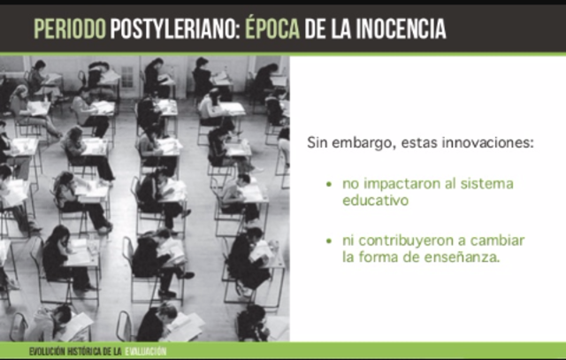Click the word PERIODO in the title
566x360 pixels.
click(69, 30)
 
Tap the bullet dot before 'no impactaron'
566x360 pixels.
click(329, 186)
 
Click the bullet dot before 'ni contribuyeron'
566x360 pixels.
click(329, 241)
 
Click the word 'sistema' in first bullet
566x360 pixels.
click(484, 185)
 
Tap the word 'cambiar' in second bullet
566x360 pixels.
click(501, 241)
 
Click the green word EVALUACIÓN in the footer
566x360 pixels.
click(145, 351)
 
